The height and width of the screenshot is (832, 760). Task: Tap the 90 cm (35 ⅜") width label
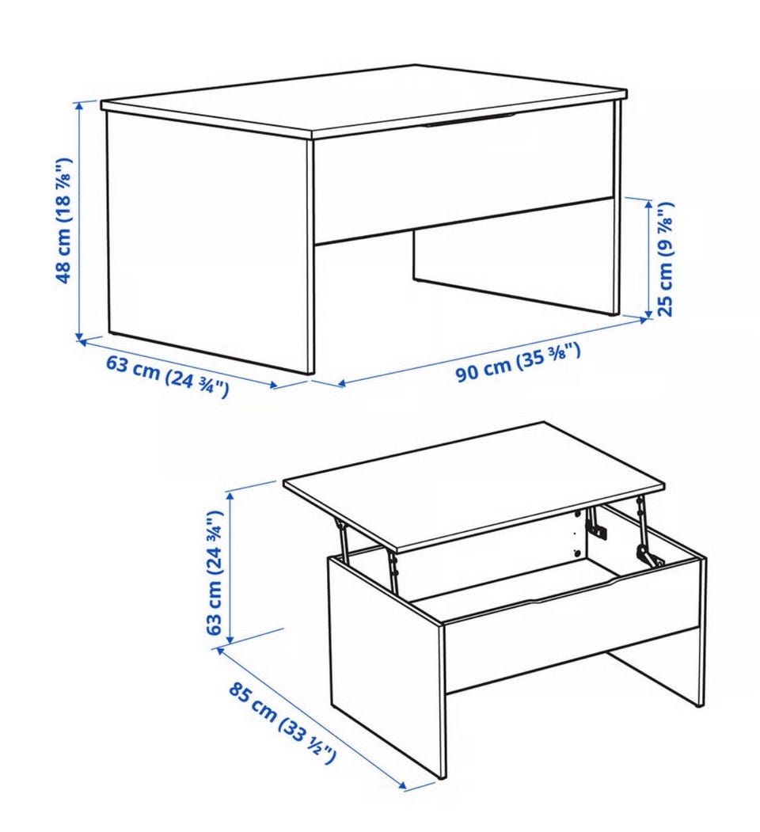pos(518,362)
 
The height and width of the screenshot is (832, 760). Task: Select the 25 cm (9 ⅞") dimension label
pos(665,259)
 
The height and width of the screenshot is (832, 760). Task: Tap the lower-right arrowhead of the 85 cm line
pos(402,786)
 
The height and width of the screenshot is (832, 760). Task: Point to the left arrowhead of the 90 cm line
pos(341,383)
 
